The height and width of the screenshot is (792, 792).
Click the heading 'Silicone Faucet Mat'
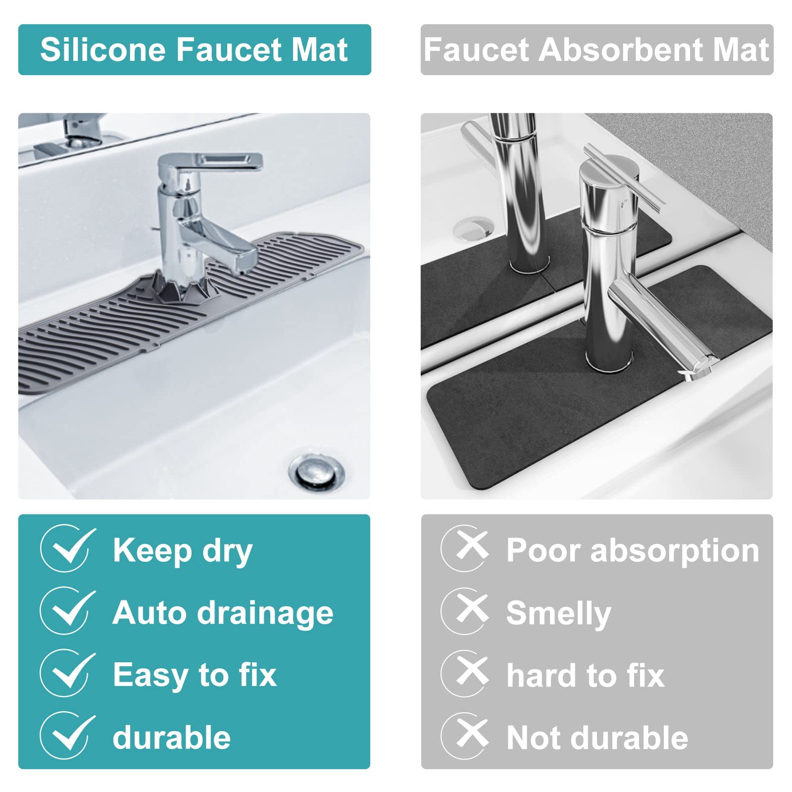click(194, 49)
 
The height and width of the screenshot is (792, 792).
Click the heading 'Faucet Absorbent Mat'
click(596, 49)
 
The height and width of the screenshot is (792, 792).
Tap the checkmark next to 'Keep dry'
click(68, 551)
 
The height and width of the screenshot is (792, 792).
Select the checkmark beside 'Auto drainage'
click(68, 613)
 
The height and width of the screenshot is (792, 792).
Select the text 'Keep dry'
click(183, 552)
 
